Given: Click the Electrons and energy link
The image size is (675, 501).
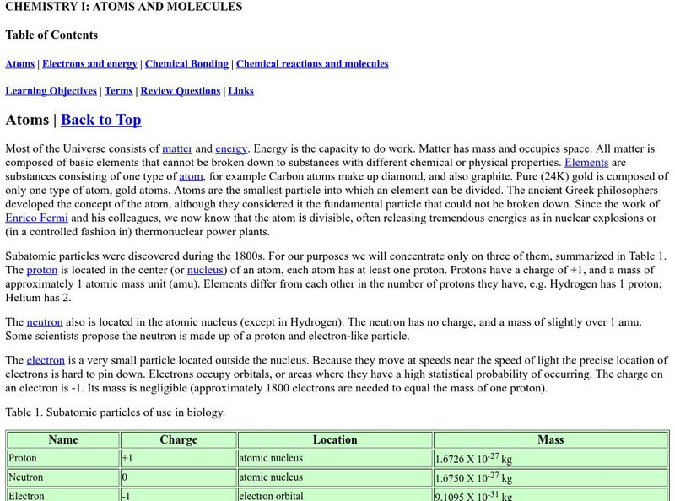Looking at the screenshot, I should pyautogui.click(x=90, y=64).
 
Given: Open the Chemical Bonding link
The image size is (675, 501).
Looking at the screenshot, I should pyautogui.click(x=186, y=64).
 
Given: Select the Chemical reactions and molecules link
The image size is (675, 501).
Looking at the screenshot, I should pyautogui.click(x=312, y=64).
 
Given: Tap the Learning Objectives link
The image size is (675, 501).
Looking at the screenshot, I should pyautogui.click(x=51, y=91).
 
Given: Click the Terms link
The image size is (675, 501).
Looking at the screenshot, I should pyautogui.click(x=118, y=91).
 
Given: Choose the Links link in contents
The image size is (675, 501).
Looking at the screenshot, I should pyautogui.click(x=240, y=91).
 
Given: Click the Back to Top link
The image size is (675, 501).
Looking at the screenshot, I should pyautogui.click(x=101, y=120).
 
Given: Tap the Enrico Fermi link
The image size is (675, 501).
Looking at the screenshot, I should pyautogui.click(x=35, y=218).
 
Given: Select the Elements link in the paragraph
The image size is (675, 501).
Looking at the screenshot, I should pyautogui.click(x=586, y=162).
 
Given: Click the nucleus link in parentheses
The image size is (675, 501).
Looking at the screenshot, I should pyautogui.click(x=205, y=271).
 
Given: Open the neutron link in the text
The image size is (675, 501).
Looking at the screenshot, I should pyautogui.click(x=45, y=322).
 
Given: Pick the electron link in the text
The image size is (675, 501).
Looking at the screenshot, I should pyautogui.click(x=46, y=360).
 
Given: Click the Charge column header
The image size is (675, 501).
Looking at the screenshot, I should pyautogui.click(x=178, y=439).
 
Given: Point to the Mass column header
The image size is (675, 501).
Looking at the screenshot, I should pyautogui.click(x=550, y=439).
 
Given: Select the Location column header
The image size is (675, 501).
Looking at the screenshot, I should pyautogui.click(x=335, y=439).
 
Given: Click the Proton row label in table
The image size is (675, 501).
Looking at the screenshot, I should pyautogui.click(x=24, y=459).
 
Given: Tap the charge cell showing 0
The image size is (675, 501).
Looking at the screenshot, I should pyautogui.click(x=126, y=477).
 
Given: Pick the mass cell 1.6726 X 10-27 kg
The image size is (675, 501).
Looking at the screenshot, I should pyautogui.click(x=474, y=460).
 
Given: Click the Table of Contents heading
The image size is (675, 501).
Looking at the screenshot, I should pyautogui.click(x=51, y=35).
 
